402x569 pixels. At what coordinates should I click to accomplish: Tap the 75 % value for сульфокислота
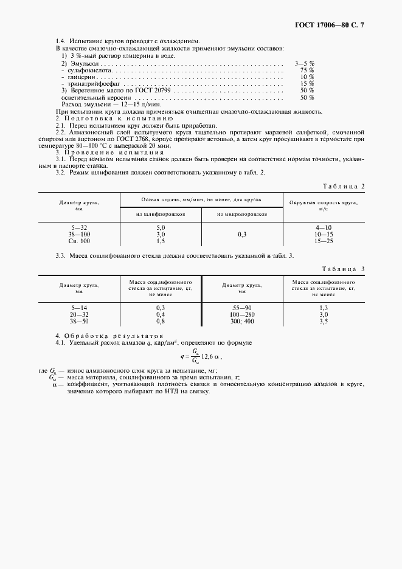[x=307, y=70]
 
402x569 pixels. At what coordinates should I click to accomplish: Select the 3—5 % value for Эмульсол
[x=305, y=63]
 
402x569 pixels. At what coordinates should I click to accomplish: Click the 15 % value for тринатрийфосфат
[x=307, y=83]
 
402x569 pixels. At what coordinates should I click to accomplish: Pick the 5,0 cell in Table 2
[x=161, y=227]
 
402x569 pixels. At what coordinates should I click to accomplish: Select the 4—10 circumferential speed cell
[x=323, y=227]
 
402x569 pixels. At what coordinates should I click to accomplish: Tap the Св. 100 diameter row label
[x=79, y=241]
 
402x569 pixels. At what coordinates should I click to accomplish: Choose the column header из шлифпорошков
[x=161, y=214]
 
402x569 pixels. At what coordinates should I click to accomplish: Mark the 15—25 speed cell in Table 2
[x=323, y=241]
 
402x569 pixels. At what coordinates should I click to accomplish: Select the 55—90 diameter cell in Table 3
[x=241, y=308]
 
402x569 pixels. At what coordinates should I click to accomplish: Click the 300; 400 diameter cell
[x=241, y=322]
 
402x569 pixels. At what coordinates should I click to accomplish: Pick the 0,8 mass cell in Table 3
[x=161, y=322]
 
